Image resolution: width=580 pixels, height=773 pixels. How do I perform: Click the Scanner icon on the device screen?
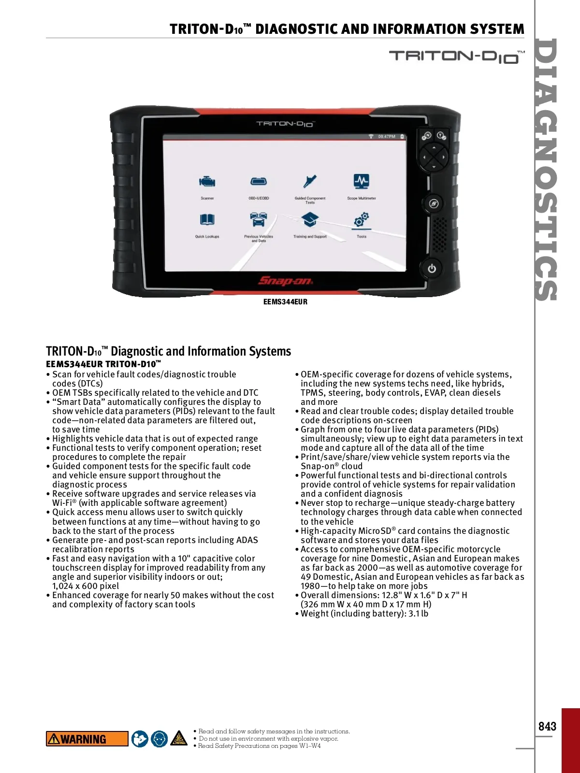tap(207, 182)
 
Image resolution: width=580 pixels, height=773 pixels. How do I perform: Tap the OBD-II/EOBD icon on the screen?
tap(259, 182)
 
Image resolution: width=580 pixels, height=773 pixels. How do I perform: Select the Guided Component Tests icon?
tap(310, 182)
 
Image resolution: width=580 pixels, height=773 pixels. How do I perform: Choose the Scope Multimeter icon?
tap(361, 181)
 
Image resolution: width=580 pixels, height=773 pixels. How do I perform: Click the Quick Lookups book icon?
tap(207, 220)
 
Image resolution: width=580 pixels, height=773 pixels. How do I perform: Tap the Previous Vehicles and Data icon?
tap(259, 220)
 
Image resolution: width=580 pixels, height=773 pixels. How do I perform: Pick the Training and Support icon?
tap(310, 220)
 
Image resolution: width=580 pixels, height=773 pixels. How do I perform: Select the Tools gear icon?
tap(362, 220)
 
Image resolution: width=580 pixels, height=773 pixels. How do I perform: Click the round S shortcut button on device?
tap(434, 203)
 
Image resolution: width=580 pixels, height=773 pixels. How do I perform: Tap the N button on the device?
tap(426, 136)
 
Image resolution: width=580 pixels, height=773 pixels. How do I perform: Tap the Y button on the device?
tap(441, 136)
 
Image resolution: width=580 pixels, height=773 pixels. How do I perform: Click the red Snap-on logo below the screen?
tap(285, 281)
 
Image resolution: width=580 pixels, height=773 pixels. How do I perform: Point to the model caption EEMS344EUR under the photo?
tap(285, 302)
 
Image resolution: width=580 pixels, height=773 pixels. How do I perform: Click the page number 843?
tap(547, 726)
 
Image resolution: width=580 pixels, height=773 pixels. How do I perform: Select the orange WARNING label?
tap(87, 739)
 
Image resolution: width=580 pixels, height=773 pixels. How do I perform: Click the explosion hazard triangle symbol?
tap(179, 738)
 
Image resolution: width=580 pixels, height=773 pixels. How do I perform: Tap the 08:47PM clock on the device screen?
tap(386, 137)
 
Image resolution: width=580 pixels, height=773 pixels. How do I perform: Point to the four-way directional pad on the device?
tap(434, 157)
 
